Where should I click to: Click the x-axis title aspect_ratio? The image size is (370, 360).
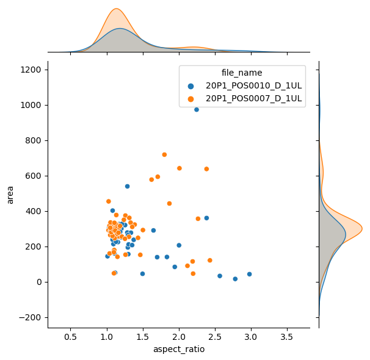pyautogui.click(x=179, y=350)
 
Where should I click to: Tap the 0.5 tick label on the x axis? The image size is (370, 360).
pyautogui.click(x=71, y=336)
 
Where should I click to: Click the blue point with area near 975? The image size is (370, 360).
pyautogui.click(x=197, y=110)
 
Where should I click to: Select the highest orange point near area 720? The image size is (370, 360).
pyautogui.click(x=164, y=154)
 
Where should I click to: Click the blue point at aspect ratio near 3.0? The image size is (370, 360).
pyautogui.click(x=249, y=274)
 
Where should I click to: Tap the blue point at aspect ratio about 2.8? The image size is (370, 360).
pyautogui.click(x=235, y=279)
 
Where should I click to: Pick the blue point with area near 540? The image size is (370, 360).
pyautogui.click(x=128, y=186)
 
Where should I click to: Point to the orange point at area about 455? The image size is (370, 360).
pyautogui.click(x=109, y=201)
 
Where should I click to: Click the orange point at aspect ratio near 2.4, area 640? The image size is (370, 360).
pyautogui.click(x=206, y=169)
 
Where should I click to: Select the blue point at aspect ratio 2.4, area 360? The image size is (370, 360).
pyautogui.click(x=206, y=218)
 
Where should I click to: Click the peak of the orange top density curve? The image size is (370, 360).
pyautogui.click(x=116, y=9)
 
